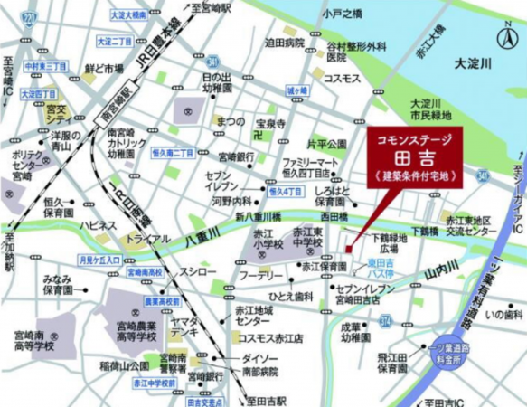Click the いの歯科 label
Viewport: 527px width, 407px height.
(502, 314)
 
